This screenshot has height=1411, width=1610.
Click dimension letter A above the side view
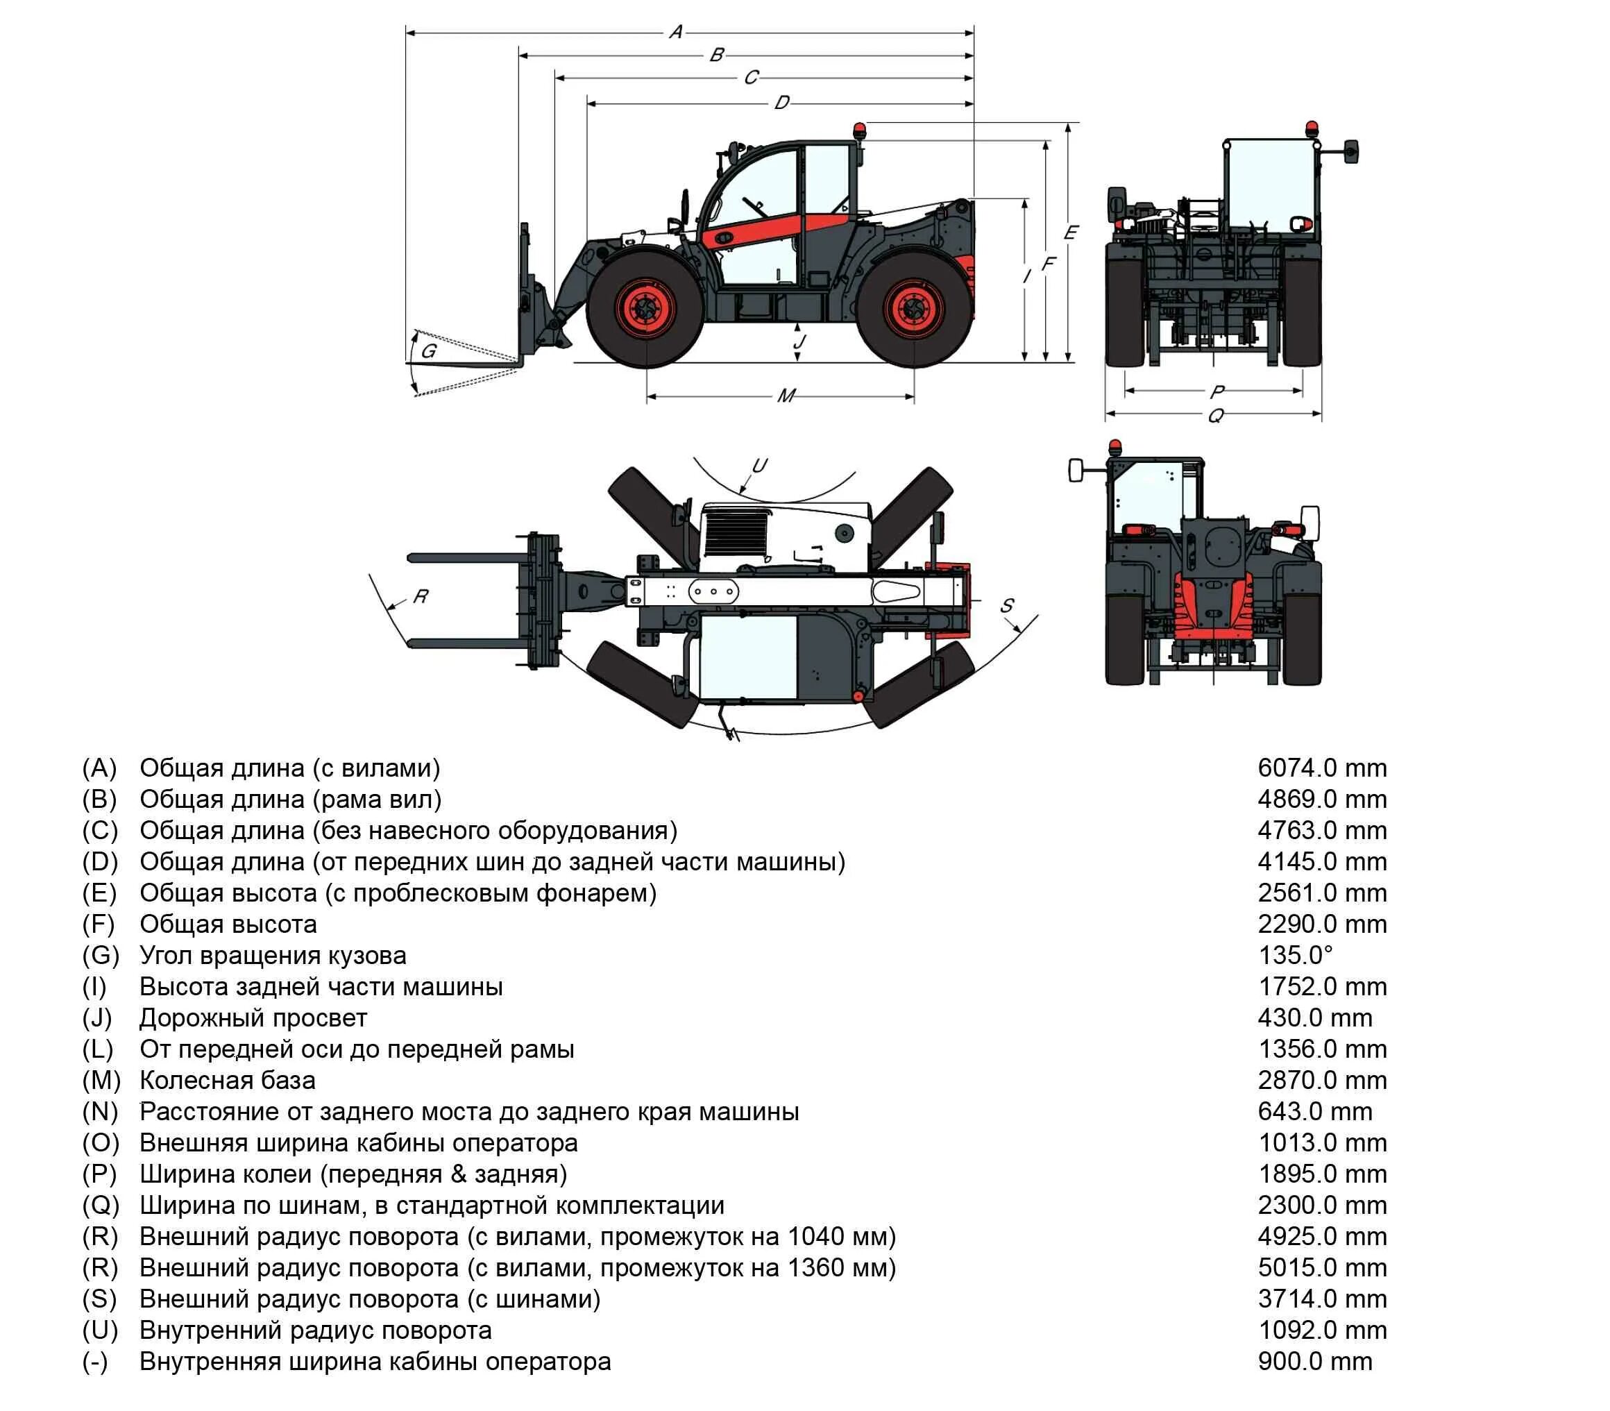pos(675,33)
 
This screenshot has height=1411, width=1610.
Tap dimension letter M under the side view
pos(786,396)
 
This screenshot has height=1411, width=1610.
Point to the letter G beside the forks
pos(428,351)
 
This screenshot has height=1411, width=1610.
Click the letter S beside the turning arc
pos(1007,605)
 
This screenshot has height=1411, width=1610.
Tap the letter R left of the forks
pos(421,596)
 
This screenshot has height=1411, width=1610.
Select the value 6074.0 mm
pos(1321,768)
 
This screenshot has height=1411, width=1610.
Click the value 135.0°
pos(1294,955)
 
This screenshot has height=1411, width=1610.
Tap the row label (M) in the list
pos(101,1081)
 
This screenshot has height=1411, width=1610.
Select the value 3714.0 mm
pos(1321,1299)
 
